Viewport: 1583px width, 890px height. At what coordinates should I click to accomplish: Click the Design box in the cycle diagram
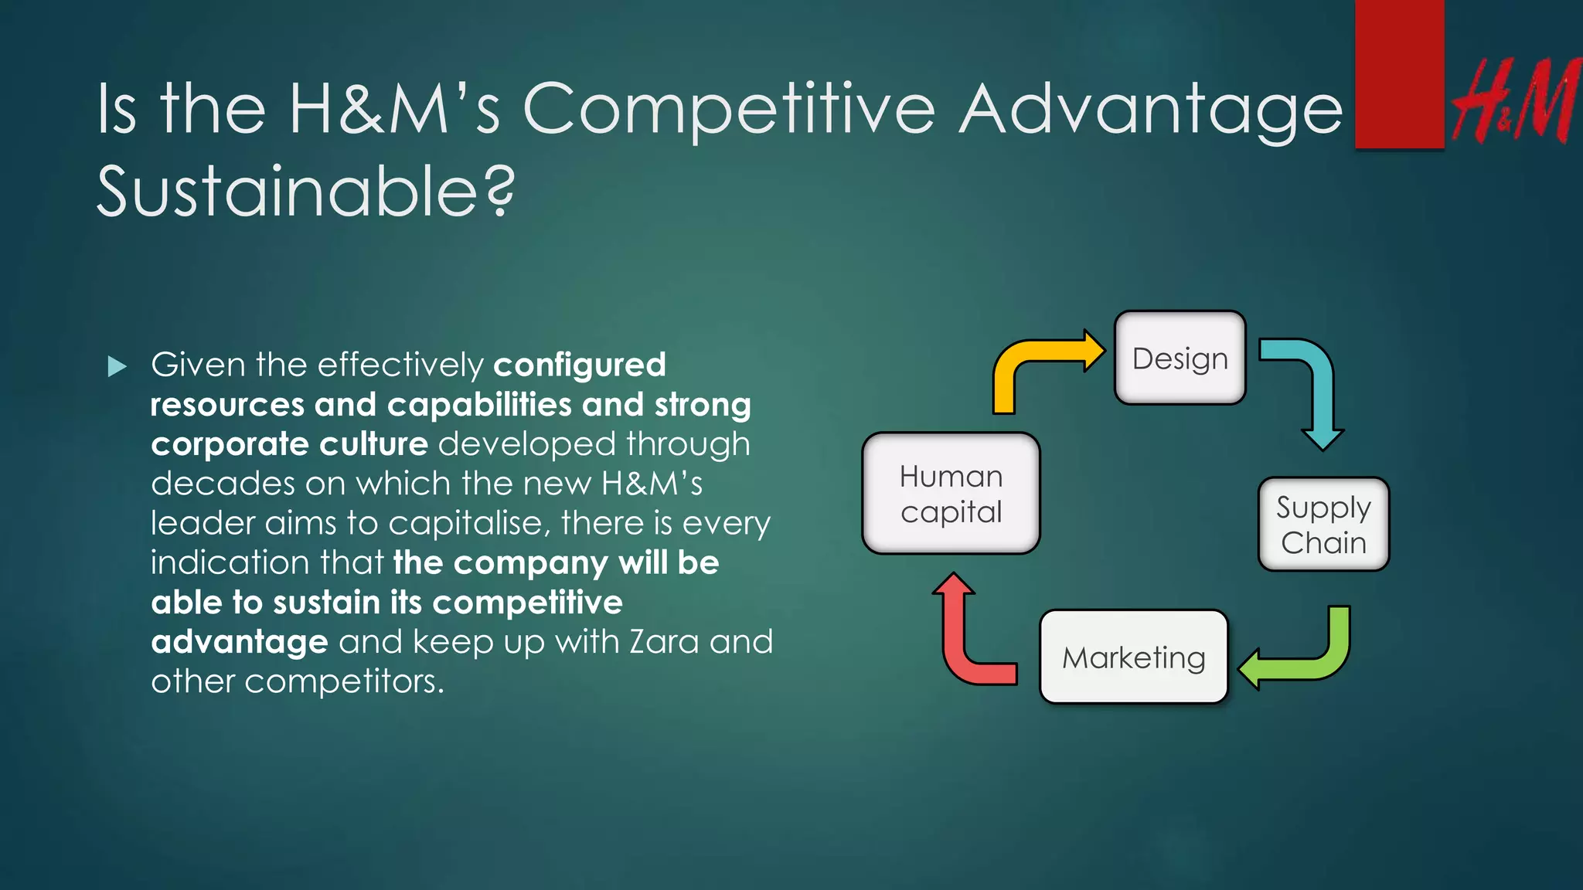click(1180, 358)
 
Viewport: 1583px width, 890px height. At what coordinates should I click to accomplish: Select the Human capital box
click(951, 493)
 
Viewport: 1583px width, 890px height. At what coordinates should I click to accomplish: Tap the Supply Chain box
click(1323, 525)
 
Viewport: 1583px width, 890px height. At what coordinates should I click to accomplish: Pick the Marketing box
click(1134, 657)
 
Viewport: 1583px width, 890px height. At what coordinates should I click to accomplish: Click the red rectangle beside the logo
click(1399, 74)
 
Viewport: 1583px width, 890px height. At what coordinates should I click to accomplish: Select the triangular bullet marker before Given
click(117, 366)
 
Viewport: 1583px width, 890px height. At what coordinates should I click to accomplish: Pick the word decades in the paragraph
click(223, 484)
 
